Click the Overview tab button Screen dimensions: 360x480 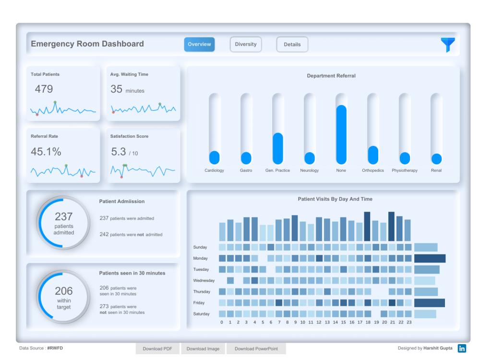pyautogui.click(x=199, y=44)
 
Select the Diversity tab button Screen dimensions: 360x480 pyautogui.click(x=246, y=44)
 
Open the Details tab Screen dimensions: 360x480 pyautogui.click(x=292, y=45)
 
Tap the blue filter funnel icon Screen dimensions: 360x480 pyautogui.click(x=448, y=45)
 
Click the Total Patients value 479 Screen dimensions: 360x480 pyautogui.click(x=44, y=89)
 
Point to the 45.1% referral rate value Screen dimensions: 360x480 pyautogui.click(x=46, y=152)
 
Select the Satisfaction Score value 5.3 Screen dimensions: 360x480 pyautogui.click(x=119, y=152)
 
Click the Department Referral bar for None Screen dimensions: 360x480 pyautogui.click(x=341, y=134)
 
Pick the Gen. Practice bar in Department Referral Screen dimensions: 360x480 pyautogui.click(x=278, y=148)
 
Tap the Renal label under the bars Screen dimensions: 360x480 pyautogui.click(x=436, y=170)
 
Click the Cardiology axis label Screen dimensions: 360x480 pyautogui.click(x=214, y=170)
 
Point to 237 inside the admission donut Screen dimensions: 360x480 pyautogui.click(x=63, y=216)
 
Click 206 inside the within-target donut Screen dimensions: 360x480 pyautogui.click(x=63, y=291)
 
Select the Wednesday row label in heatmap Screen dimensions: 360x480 pyautogui.click(x=204, y=280)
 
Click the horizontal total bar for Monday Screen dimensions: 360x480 pyautogui.click(x=430, y=258)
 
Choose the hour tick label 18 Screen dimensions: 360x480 pyautogui.click(x=368, y=323)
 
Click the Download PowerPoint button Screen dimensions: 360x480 pyautogui.click(x=256, y=349)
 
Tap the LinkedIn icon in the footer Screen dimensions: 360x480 pyautogui.click(x=462, y=348)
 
